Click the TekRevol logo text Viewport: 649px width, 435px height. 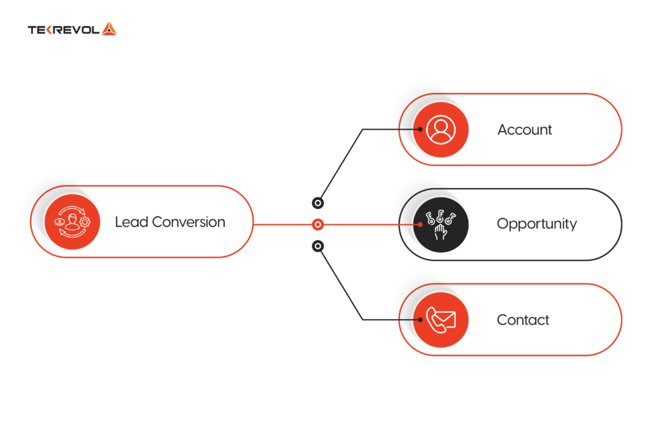click(x=63, y=29)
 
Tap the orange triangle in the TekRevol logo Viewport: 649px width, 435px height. click(x=109, y=28)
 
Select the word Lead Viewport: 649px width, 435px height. click(x=131, y=222)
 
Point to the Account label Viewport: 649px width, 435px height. click(x=524, y=130)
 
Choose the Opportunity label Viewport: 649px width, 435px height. click(x=536, y=224)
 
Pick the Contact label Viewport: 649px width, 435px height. click(x=523, y=320)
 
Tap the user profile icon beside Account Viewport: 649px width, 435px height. click(x=440, y=129)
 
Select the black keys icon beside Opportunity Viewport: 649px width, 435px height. click(x=440, y=224)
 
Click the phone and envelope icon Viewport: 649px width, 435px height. click(x=440, y=319)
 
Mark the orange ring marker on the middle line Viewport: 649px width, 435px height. click(x=318, y=224)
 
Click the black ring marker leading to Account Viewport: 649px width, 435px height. click(x=318, y=203)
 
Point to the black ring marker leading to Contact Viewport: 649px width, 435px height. click(x=318, y=246)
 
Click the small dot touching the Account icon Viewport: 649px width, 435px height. click(x=420, y=129)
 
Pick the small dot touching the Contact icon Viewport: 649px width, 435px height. click(x=420, y=319)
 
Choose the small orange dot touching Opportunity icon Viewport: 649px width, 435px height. click(x=420, y=224)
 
